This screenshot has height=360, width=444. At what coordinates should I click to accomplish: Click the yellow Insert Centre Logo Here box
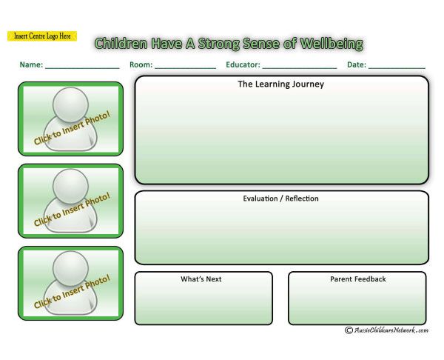(x=42, y=36)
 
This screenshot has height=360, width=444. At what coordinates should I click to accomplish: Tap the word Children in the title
(x=121, y=44)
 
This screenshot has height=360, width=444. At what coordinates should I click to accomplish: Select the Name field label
(x=31, y=64)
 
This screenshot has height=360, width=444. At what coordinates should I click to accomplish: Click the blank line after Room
(x=186, y=68)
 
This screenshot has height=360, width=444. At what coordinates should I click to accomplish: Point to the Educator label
(x=243, y=64)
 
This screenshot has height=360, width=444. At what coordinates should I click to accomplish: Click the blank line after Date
(x=397, y=68)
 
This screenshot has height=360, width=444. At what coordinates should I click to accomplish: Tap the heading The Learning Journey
(x=281, y=84)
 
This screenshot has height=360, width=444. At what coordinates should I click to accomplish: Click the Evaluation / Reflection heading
(x=281, y=199)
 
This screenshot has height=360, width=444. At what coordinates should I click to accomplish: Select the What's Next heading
(x=201, y=279)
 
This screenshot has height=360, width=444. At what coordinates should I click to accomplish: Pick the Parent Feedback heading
(x=358, y=279)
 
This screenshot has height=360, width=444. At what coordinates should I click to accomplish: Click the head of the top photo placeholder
(x=71, y=104)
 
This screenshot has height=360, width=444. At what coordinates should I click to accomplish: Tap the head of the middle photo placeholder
(x=71, y=187)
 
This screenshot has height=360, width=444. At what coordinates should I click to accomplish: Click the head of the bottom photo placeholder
(x=71, y=269)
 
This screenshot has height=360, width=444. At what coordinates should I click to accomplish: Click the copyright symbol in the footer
(x=349, y=330)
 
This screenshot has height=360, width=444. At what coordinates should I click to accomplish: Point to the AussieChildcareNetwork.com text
(x=391, y=330)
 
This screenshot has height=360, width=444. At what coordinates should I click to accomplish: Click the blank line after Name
(x=82, y=68)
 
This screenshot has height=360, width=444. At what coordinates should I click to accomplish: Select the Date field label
(x=357, y=64)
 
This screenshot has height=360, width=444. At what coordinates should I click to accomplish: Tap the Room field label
(x=141, y=64)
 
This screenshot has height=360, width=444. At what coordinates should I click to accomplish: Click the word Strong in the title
(x=218, y=44)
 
